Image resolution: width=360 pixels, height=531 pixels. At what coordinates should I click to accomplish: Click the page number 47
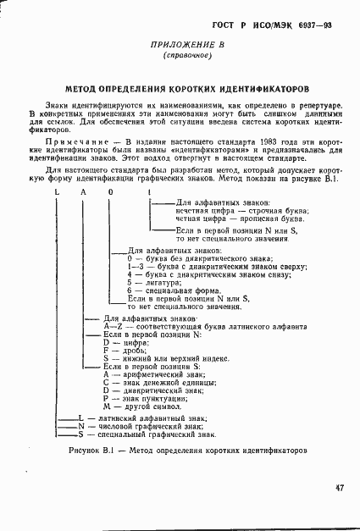pyautogui.click(x=338, y=487)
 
